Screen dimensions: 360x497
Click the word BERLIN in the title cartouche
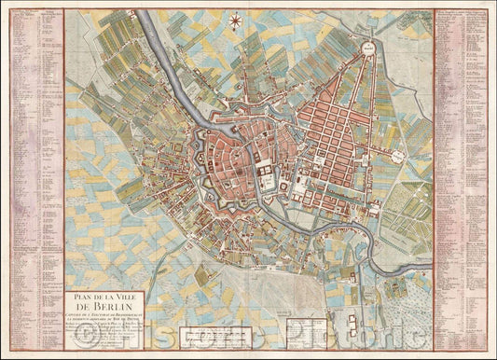point(104,302)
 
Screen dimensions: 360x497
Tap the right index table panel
point(462,177)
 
